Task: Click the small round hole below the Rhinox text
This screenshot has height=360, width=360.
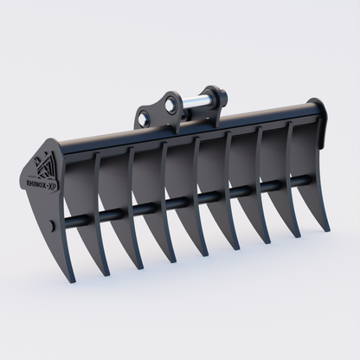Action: pyautogui.click(x=53, y=226)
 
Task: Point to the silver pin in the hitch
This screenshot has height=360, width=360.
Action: pyautogui.click(x=196, y=101)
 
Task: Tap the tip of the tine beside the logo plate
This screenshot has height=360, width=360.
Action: pyautogui.click(x=108, y=275)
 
